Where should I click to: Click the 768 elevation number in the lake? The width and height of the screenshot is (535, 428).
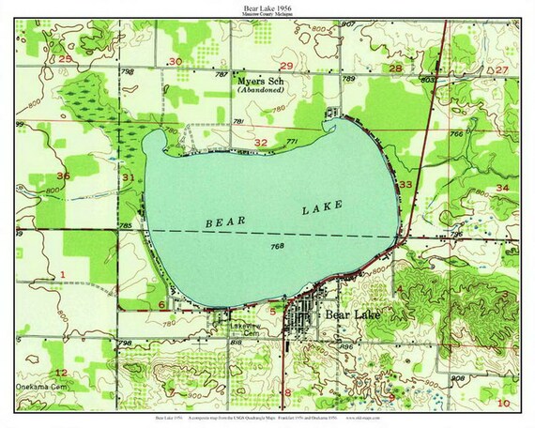[278, 246]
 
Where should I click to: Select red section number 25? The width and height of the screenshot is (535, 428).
[65, 59]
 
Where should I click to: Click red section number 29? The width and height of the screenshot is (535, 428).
[286, 64]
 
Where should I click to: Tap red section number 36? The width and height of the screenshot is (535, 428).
[63, 176]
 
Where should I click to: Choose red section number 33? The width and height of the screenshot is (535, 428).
[405, 185]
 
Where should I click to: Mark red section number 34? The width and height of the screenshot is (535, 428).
[502, 188]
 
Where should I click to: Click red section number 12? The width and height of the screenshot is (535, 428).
[60, 346]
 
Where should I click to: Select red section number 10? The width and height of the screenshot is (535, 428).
[504, 402]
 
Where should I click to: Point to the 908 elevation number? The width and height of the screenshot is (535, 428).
[457, 377]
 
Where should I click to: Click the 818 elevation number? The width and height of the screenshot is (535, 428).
[237, 344]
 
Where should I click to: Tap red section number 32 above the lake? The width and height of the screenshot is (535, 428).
[262, 142]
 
